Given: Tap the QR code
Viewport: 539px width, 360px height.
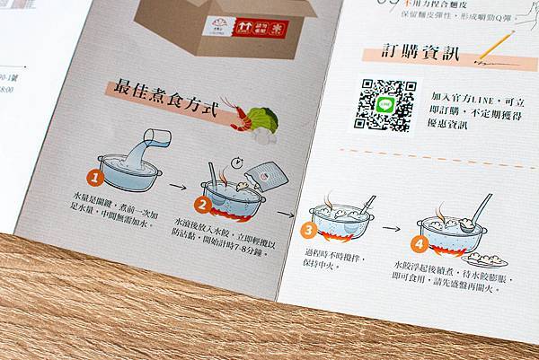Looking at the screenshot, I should pyautogui.click(x=384, y=104).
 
